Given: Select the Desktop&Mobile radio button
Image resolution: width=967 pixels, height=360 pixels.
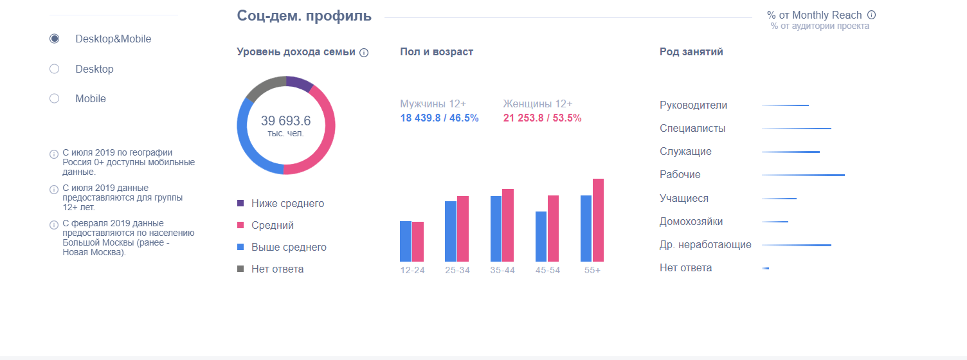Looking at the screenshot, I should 55,39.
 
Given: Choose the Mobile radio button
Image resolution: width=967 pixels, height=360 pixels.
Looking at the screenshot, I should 55,98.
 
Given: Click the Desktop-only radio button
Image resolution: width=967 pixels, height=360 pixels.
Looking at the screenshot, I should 55,69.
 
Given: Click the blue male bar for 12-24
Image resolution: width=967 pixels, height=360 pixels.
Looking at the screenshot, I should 406,241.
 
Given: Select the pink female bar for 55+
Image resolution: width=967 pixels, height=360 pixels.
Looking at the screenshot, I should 599,220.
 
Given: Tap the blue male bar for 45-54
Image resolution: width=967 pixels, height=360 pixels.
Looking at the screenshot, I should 541,236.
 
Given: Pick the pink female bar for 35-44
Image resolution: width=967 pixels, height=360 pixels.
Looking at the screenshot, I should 508,225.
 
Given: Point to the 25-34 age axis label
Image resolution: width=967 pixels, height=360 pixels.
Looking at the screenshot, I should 457,270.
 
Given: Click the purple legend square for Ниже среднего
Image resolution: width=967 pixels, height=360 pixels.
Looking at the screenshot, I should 241,203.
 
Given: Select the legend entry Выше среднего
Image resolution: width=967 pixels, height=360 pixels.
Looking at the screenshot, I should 289,248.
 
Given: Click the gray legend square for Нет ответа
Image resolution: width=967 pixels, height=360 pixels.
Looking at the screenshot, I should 241,269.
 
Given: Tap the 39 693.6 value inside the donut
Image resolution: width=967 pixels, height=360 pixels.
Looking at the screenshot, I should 285,121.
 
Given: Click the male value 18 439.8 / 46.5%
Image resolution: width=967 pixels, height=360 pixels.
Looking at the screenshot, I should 439,118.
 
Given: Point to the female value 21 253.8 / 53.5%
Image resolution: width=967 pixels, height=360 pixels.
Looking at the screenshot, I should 542,118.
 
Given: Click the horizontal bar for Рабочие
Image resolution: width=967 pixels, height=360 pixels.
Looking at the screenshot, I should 803,175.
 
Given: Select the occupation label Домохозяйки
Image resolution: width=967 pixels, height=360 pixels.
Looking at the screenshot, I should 691,222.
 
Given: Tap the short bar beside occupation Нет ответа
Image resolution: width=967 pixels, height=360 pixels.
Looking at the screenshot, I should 766,268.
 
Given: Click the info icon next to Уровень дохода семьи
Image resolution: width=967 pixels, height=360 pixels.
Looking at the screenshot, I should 364,53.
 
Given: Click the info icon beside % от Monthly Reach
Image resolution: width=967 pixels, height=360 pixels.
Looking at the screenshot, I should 872,15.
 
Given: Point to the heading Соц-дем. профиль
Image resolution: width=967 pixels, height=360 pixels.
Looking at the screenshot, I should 304,15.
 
